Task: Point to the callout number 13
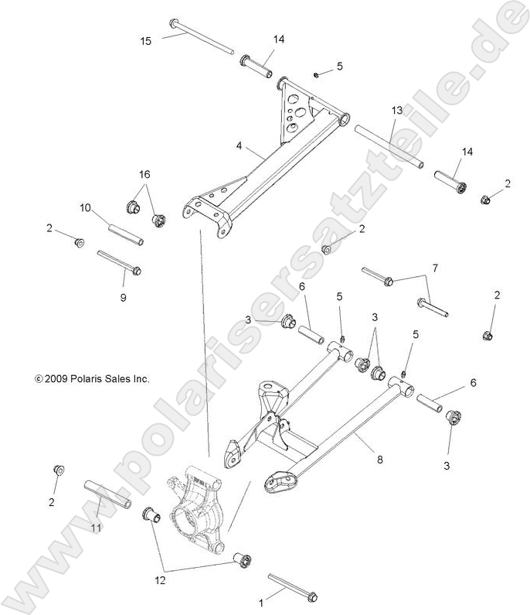[x=396, y=111]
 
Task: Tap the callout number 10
[x=86, y=207]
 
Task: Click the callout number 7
[x=434, y=268]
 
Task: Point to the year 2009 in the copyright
[x=58, y=379]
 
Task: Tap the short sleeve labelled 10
[x=124, y=231]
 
